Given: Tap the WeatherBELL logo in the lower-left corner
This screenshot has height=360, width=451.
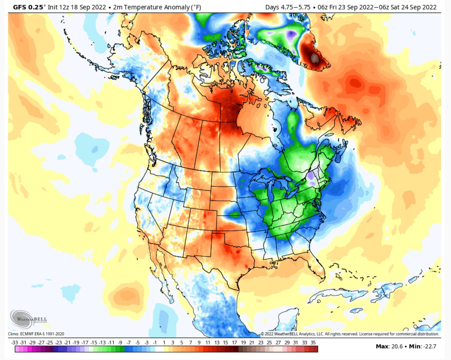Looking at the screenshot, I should pyautogui.click(x=29, y=319).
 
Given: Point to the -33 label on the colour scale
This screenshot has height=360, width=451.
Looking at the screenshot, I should pyautogui.click(x=14, y=342).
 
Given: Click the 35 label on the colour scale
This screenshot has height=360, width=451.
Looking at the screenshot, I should pyautogui.click(x=313, y=342).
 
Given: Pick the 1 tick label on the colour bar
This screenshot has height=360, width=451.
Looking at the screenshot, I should pyautogui.click(x=164, y=342).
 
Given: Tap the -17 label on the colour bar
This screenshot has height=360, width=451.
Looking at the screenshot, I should pyautogui.click(x=85, y=342).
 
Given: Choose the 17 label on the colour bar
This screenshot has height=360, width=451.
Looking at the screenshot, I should pyautogui.click(x=234, y=342).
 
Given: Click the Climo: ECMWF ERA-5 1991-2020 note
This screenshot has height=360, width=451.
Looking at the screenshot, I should pyautogui.click(x=36, y=334).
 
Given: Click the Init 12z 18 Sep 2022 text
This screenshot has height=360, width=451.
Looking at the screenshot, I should pyautogui.click(x=77, y=7).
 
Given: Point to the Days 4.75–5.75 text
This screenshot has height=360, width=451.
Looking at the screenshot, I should pyautogui.click(x=287, y=7).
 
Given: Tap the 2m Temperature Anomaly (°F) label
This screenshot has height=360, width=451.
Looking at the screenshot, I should pyautogui.click(x=157, y=7).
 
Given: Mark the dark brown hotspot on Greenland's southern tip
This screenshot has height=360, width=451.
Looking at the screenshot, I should pyautogui.click(x=314, y=57).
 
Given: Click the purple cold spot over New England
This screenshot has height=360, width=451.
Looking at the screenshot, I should pyautogui.click(x=311, y=176).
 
